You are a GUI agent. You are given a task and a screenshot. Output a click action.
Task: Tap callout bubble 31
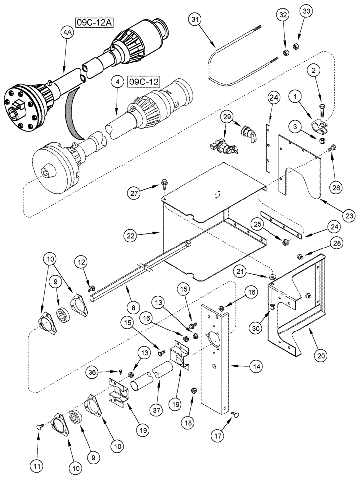point(195,20)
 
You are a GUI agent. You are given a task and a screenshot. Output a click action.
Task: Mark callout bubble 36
point(104,371)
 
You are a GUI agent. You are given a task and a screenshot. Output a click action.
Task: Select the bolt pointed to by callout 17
point(234,414)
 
